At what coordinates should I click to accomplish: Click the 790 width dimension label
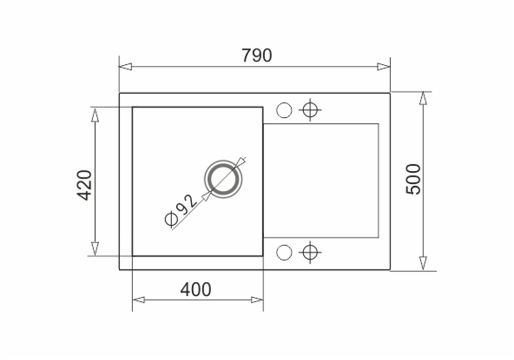[x=257, y=56]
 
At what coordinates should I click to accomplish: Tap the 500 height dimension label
[x=413, y=179]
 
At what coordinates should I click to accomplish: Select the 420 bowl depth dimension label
[x=84, y=185]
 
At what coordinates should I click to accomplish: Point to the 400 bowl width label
[x=196, y=290]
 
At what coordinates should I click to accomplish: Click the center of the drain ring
[x=224, y=179]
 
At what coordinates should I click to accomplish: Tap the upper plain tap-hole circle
[x=284, y=110]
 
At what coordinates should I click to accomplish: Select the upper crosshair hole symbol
[x=310, y=110]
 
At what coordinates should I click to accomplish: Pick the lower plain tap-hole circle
[x=284, y=253]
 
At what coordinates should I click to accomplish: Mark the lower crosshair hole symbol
[x=310, y=253]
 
